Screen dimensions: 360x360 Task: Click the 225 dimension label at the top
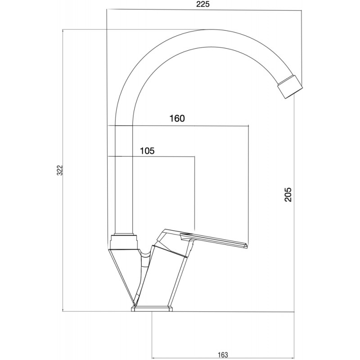point(203,4)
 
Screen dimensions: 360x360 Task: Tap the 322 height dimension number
point(60,170)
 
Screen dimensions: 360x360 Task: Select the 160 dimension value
point(177,118)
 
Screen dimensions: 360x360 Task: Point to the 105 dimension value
point(147,151)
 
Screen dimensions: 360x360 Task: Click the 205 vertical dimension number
point(288,195)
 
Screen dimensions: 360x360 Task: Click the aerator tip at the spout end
point(290,87)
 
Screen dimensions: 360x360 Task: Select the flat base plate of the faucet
point(152,309)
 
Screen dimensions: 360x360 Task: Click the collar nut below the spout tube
point(124,242)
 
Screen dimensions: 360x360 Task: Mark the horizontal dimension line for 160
point(178,126)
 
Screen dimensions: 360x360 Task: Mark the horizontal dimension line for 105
point(151,156)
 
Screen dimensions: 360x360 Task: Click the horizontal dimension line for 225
point(204,9)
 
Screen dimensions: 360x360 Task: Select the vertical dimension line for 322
point(63,171)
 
